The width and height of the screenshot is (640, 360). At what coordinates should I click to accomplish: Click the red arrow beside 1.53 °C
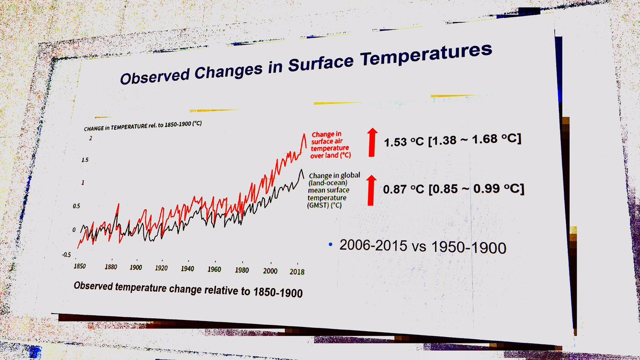(x=372, y=142)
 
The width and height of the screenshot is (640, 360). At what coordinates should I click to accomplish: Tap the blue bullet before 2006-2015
(x=331, y=244)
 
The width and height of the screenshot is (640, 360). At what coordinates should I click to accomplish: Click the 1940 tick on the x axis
(x=188, y=268)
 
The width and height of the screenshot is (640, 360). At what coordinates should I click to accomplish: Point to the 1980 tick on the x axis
(x=242, y=270)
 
